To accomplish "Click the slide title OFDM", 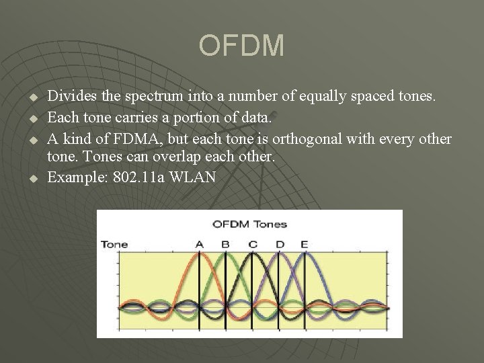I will [x=241, y=46].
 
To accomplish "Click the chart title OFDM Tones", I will [x=249, y=224].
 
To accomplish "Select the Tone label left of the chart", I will [x=114, y=244].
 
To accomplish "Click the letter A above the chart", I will [x=199, y=244].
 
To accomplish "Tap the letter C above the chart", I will [x=252, y=244].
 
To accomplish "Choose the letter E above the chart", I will [x=305, y=244].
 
